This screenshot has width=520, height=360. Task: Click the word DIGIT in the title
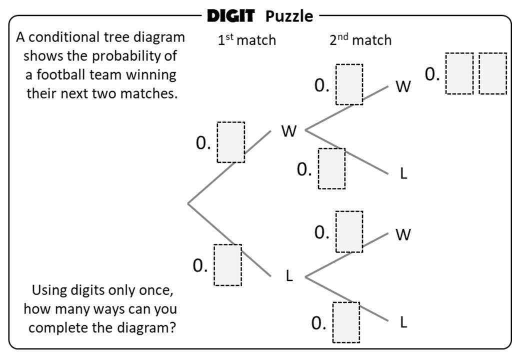(230, 16)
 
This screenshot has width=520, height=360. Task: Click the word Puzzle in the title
(289, 16)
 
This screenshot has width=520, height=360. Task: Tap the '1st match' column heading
(246, 40)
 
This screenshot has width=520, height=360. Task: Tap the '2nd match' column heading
(360, 40)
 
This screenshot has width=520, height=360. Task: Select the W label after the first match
(289, 131)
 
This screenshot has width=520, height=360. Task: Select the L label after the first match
(289, 276)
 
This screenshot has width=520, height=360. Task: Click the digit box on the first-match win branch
(231, 142)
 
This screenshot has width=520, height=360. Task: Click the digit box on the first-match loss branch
(228, 265)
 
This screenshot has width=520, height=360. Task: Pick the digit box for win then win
(349, 84)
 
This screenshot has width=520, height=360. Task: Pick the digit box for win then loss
(332, 168)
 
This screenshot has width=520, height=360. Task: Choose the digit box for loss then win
(349, 231)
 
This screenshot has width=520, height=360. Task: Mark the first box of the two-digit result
(459, 73)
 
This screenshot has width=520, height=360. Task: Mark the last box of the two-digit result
(492, 73)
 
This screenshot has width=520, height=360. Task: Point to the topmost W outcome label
(403, 87)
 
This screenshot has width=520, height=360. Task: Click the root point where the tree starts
(188, 203)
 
